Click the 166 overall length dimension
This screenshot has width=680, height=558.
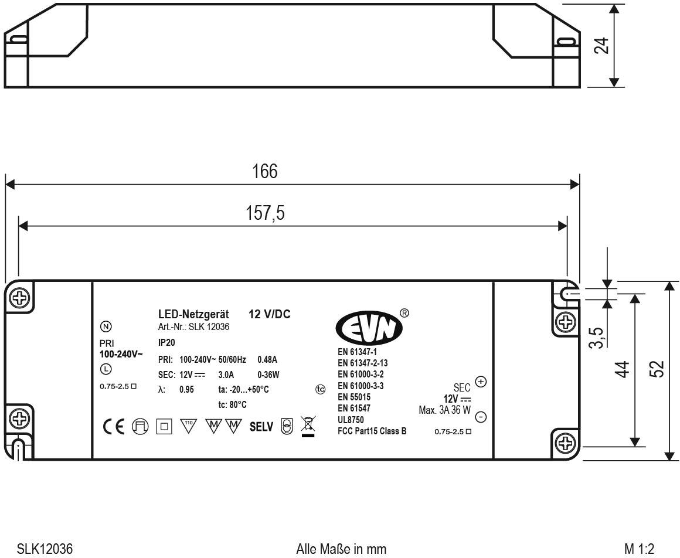(x=264, y=172)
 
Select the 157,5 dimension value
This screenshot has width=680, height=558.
(x=265, y=213)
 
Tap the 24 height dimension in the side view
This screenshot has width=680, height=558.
(x=601, y=46)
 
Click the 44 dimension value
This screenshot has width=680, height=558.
(x=623, y=369)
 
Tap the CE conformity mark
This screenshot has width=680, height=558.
(x=114, y=427)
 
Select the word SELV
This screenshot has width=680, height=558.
(x=261, y=427)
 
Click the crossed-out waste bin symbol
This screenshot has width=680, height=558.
(x=308, y=426)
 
